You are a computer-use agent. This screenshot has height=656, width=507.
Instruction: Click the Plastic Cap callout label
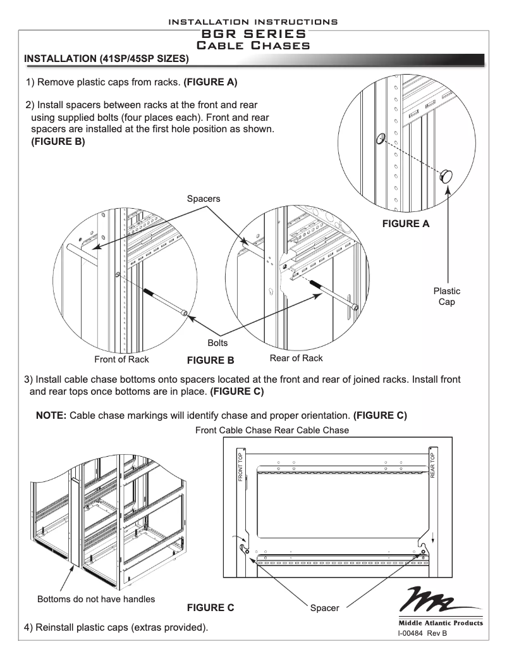coord(446,296)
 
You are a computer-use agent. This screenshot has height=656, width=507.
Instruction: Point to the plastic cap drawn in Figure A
coord(448,175)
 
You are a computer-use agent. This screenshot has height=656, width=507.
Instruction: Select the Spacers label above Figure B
coord(204,199)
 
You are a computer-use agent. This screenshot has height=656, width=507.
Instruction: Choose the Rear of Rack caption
coord(296,358)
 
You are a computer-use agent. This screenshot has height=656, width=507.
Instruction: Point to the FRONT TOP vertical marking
coord(241,467)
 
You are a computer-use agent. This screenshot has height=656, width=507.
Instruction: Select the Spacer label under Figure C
coord(324,608)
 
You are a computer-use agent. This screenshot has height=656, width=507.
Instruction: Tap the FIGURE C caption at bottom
coord(211,607)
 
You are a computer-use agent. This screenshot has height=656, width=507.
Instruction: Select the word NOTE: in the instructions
coord(51,416)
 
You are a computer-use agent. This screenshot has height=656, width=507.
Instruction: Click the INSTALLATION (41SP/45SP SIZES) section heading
coord(105,59)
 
